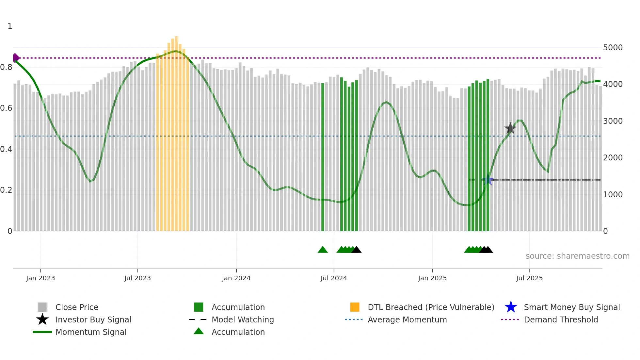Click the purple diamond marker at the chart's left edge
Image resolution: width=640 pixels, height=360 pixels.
click(x=15, y=58)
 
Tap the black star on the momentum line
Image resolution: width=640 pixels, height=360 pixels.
click(x=510, y=128)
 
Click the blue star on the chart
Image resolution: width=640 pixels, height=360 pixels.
click(x=488, y=180)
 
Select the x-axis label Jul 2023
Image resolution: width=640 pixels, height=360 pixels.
click(x=137, y=278)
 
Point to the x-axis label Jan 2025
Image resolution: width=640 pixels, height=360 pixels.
click(x=432, y=278)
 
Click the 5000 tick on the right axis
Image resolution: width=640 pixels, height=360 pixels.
click(x=613, y=48)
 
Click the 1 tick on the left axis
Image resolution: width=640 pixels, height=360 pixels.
click(x=10, y=26)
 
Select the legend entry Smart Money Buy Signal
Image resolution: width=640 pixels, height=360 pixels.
click(x=571, y=307)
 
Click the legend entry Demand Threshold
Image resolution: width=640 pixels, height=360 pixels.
click(x=561, y=319)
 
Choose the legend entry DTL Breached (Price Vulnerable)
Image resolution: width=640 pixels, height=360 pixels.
click(x=431, y=307)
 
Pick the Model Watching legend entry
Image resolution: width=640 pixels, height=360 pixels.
click(x=242, y=319)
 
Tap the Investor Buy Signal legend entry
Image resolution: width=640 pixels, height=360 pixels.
click(x=93, y=319)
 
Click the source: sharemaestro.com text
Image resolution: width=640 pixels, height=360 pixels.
click(x=577, y=256)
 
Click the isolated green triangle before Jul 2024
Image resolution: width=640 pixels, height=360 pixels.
click(x=323, y=250)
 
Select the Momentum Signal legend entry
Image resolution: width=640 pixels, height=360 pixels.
click(x=91, y=332)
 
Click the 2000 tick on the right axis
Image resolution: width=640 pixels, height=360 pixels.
click(x=613, y=158)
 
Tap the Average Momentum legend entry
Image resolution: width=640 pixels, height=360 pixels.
click(x=407, y=319)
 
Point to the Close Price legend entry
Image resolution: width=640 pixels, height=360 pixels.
click(x=77, y=307)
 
